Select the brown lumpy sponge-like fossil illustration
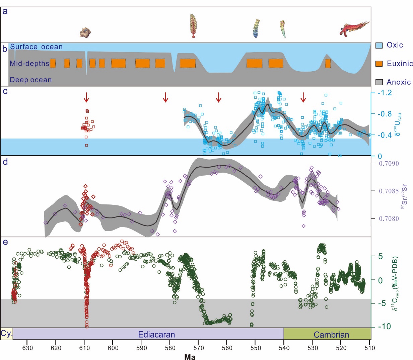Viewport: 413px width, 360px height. (85, 32)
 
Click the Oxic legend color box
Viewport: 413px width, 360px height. (379, 46)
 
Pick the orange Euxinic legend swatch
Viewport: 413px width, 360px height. (379, 64)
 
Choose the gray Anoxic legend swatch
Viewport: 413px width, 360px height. (379, 82)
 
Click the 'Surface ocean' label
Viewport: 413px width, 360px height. (36, 47)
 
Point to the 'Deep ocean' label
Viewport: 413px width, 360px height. (30, 80)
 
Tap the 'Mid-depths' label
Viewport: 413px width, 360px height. (29, 64)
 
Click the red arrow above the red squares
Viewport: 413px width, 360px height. (86, 97)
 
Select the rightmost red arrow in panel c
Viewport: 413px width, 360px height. (303, 97)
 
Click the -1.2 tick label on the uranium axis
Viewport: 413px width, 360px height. (385, 93)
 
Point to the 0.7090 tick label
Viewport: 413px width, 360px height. (389, 164)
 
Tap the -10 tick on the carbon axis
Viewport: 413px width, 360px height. (384, 327)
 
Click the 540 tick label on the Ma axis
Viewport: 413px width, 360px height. (284, 348)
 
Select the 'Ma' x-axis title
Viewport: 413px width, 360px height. (190, 357)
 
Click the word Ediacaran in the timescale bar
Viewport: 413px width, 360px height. (156, 335)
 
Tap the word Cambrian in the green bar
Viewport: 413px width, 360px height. (331, 335)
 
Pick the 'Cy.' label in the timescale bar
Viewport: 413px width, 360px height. (6, 334)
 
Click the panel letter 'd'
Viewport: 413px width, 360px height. (5, 162)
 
